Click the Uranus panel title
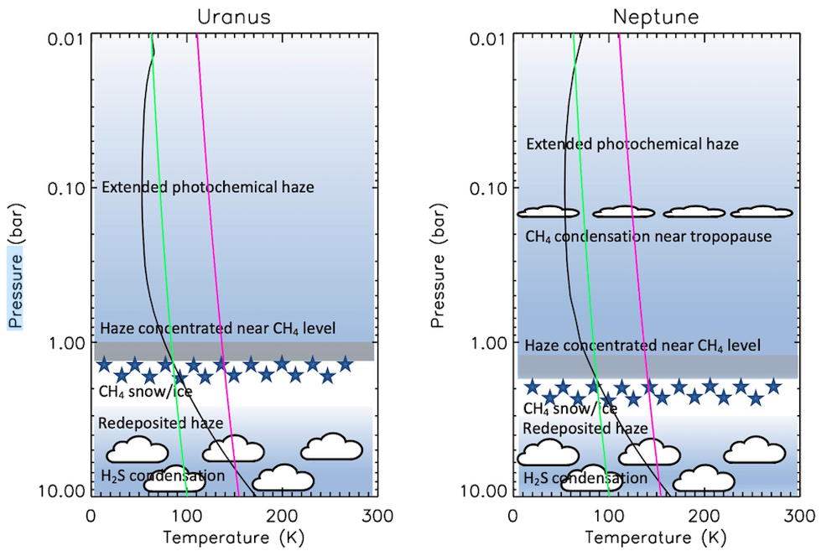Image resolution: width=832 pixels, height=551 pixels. point(234,17)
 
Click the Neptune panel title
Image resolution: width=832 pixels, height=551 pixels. point(656,17)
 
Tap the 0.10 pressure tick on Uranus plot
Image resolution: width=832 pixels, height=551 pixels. point(65,189)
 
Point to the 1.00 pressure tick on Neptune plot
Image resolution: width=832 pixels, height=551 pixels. point(487,344)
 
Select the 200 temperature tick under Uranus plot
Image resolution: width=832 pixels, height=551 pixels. point(282,516)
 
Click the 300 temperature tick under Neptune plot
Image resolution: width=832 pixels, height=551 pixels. point(799,516)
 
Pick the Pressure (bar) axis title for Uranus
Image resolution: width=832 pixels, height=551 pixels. point(16,265)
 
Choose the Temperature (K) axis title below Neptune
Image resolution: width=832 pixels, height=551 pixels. point(656,538)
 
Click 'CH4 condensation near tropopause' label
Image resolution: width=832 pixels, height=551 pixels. point(648,237)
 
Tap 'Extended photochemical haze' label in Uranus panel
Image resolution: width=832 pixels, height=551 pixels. point(207,187)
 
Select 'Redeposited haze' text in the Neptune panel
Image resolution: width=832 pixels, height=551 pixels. point(585,429)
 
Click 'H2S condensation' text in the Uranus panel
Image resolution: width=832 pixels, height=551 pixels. point(163,476)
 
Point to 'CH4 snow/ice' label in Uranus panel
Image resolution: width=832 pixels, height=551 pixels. point(145,392)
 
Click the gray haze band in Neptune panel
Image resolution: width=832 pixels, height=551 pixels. point(658,366)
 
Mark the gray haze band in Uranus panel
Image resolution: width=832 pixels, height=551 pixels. point(234,351)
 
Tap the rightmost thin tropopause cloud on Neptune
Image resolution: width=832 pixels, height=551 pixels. point(762,212)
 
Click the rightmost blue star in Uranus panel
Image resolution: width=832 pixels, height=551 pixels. point(346,364)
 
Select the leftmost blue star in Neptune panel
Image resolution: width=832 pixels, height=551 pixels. point(533,387)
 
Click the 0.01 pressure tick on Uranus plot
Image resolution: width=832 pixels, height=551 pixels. point(65,39)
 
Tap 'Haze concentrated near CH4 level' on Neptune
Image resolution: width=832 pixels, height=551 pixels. point(642,346)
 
